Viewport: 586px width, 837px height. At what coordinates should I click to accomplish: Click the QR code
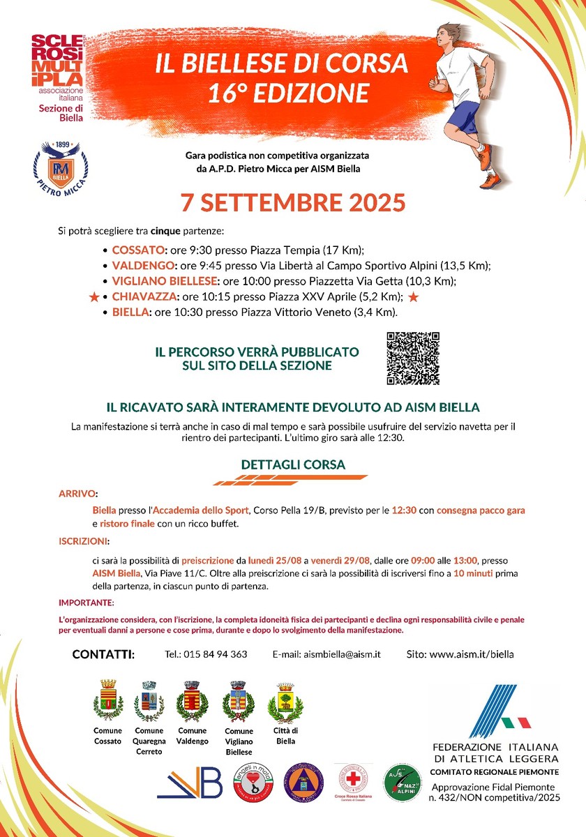(413, 358)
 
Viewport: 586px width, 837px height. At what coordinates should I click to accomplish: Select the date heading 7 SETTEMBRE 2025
(293, 202)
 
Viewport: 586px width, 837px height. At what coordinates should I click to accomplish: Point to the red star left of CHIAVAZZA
(93, 298)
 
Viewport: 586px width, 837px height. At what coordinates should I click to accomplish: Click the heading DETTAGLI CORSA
(293, 465)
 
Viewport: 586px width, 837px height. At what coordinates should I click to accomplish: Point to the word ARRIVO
(77, 493)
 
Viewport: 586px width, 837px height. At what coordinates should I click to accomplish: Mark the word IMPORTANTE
(86, 602)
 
